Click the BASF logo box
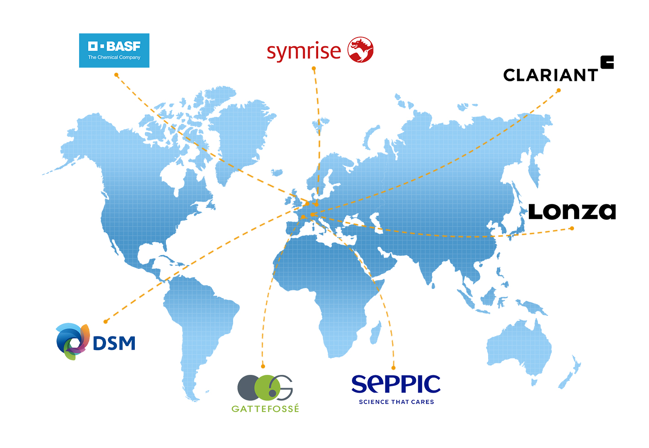[114, 50]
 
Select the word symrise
[303, 52]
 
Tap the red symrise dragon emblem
[361, 49]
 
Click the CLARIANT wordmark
[550, 75]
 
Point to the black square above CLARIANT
[607, 62]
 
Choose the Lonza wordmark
[572, 212]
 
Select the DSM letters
[114, 343]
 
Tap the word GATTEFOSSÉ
[265, 409]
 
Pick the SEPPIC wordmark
[396, 384]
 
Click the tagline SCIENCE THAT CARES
[396, 402]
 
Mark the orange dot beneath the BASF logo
[117, 75]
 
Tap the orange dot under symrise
[314, 69]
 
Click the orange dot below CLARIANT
[559, 91]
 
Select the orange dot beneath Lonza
[572, 229]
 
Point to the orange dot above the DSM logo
[106, 321]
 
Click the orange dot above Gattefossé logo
[263, 366]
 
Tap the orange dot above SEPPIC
[394, 368]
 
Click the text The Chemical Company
[114, 58]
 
